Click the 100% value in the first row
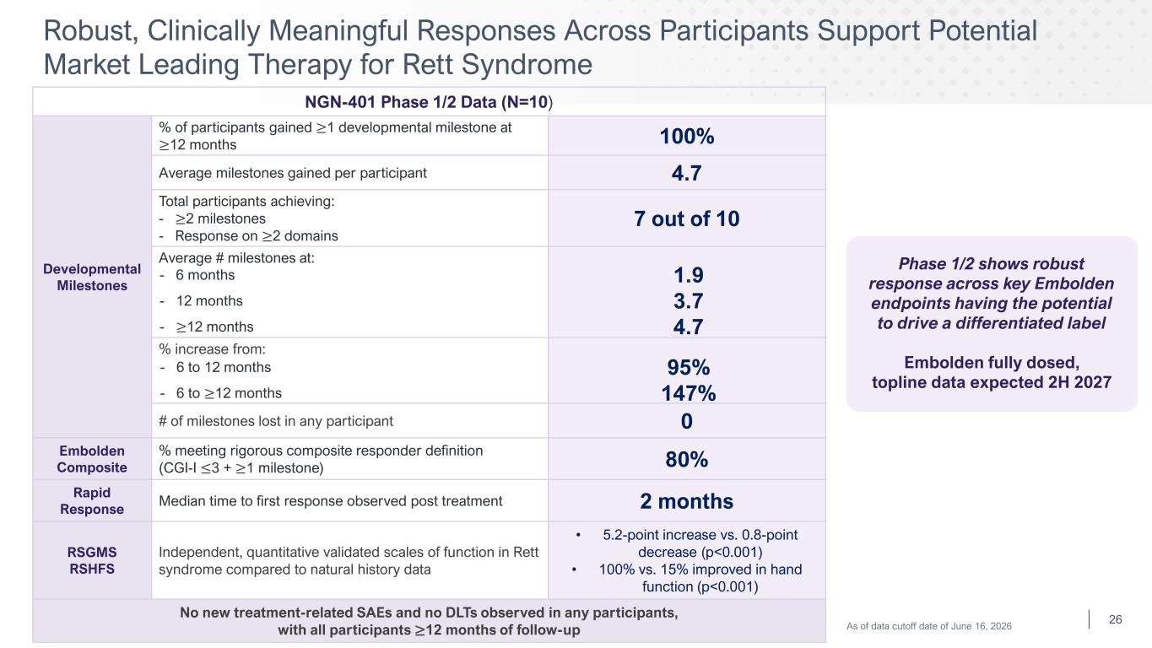click(x=687, y=137)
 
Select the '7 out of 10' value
click(x=687, y=219)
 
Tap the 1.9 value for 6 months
click(x=688, y=275)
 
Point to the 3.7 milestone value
click(x=688, y=301)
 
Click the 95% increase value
click(x=688, y=367)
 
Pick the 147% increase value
click(x=688, y=393)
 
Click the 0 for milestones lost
click(x=687, y=421)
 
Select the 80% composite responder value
click(x=687, y=459)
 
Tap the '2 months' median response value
click(x=687, y=501)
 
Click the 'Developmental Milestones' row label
click(x=92, y=278)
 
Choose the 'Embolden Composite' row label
click(x=92, y=459)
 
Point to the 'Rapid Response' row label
click(x=92, y=501)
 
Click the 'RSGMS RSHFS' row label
click(x=92, y=560)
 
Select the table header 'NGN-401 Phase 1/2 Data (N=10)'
click(x=429, y=102)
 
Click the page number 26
click(x=1116, y=619)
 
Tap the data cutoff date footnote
click(x=929, y=626)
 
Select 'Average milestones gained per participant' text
click(x=293, y=173)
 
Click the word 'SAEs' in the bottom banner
click(x=374, y=613)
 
